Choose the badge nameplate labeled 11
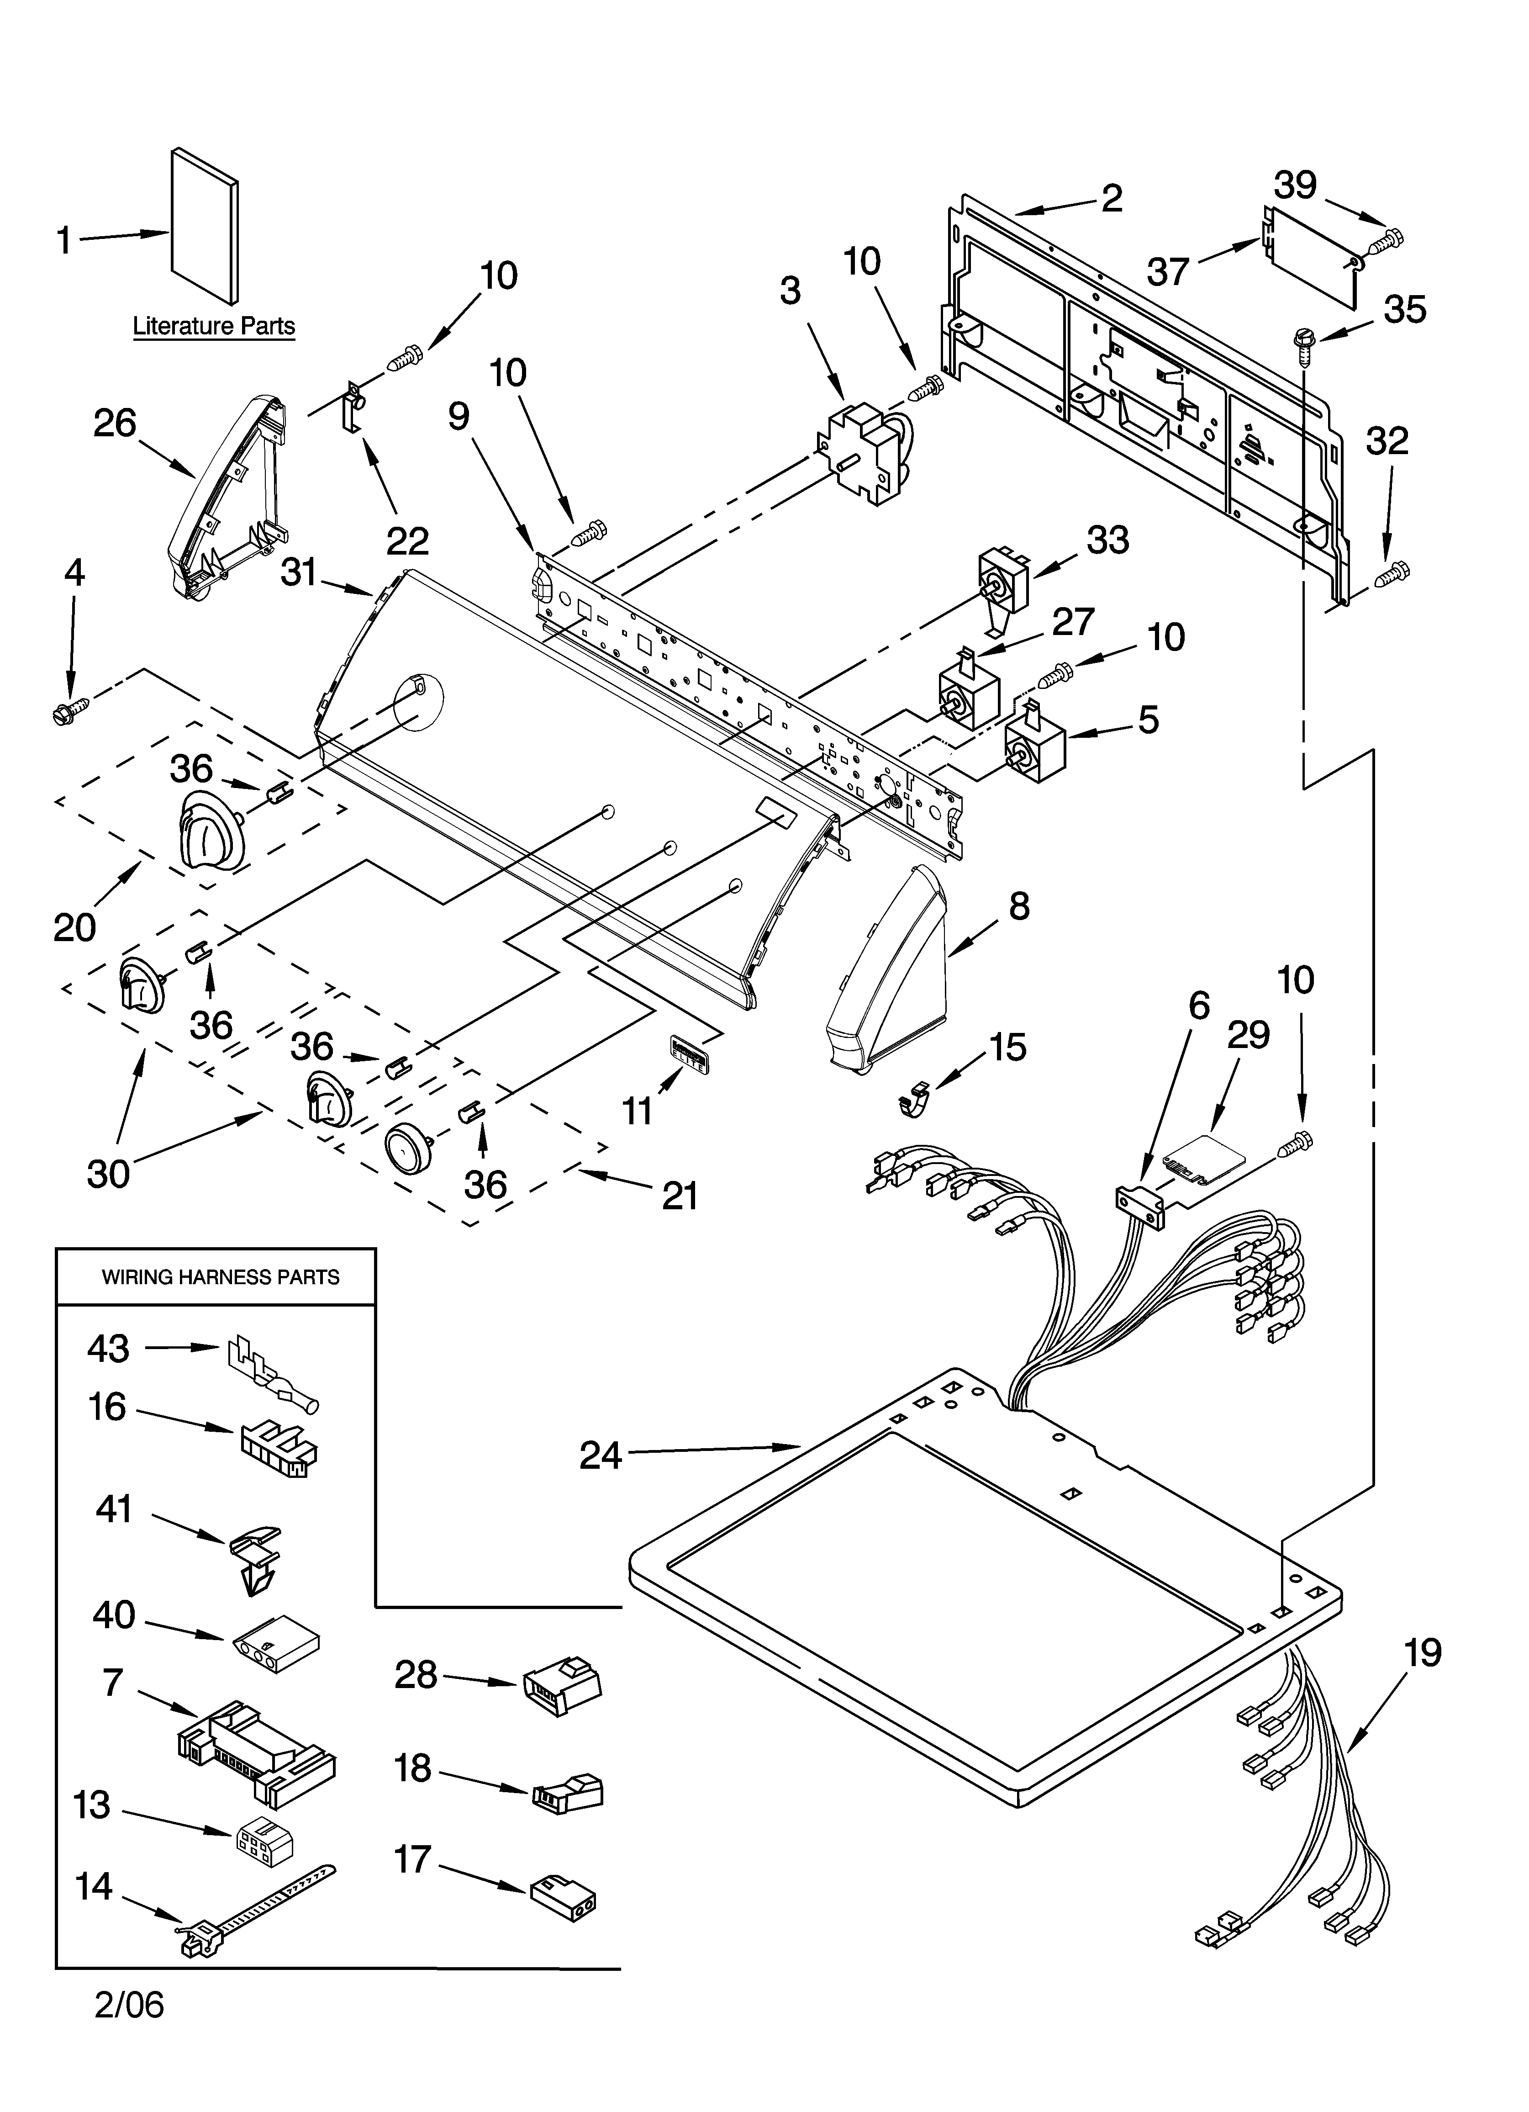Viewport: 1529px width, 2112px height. point(687,1048)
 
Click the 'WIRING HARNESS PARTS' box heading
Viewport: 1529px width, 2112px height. point(220,1277)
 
